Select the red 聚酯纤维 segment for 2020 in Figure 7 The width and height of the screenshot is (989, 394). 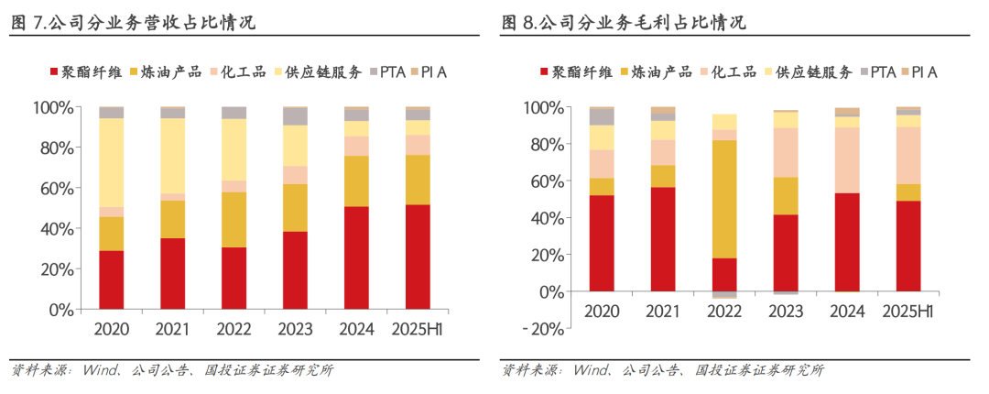pos(111,279)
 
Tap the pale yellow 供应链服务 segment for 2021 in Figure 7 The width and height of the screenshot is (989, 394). pos(172,156)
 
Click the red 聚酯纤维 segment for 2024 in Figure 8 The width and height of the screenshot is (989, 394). pos(847,242)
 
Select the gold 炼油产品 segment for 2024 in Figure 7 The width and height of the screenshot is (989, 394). pos(356,181)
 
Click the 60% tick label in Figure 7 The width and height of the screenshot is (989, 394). pos(54,189)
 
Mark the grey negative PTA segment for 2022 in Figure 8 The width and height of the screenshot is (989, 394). pos(723,295)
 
